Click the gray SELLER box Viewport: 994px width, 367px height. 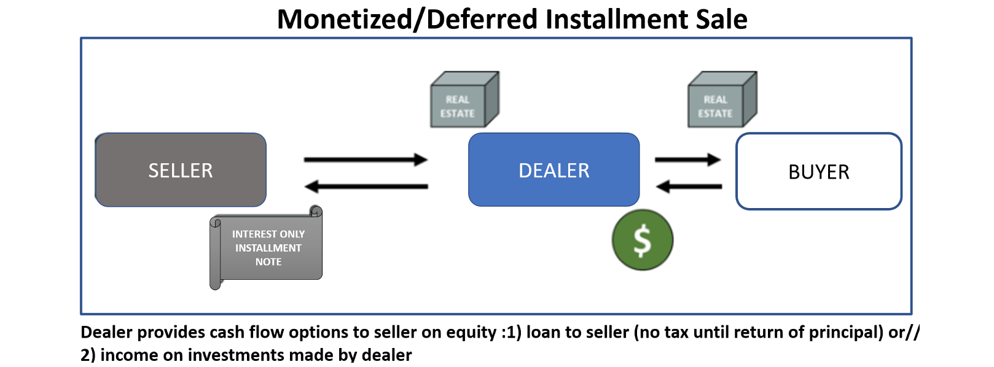(x=180, y=170)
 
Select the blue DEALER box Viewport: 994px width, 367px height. (x=554, y=170)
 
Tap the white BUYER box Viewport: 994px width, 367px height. (x=818, y=172)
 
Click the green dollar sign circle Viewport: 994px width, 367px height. (x=642, y=240)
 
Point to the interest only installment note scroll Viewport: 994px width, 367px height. (x=267, y=249)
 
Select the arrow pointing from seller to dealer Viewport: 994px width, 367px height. (x=366, y=160)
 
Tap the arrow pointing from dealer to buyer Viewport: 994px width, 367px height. (x=687, y=160)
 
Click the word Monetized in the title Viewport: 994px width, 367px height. (x=345, y=19)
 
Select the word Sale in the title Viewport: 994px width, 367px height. (x=721, y=19)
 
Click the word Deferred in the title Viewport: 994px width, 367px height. (x=482, y=19)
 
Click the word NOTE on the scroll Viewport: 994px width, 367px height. (x=268, y=262)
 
